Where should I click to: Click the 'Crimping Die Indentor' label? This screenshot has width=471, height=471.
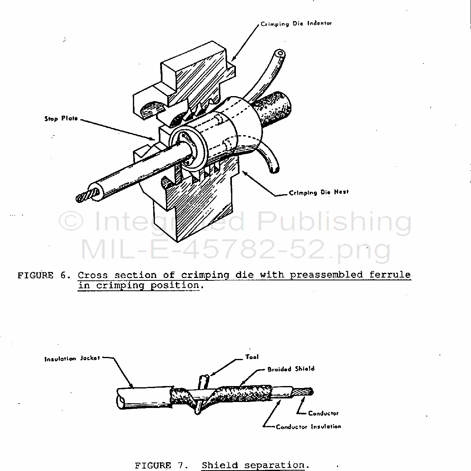coord(296,24)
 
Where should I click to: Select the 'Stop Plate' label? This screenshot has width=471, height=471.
coord(61,118)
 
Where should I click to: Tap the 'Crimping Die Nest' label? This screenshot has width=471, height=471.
coord(319,192)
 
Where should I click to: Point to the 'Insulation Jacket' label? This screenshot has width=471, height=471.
coord(72,359)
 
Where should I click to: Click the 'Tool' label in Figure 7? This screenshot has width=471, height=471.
coord(251,357)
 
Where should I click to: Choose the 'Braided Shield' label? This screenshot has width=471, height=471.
coord(291,369)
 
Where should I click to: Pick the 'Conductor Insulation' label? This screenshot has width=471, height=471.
coord(309,427)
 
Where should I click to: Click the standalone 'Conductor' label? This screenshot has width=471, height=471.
coord(323,413)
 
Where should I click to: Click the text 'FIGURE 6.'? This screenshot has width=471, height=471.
coord(44,275)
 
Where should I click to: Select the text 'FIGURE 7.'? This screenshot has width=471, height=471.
coord(161,465)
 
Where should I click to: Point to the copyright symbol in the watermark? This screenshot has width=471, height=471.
coord(71,221)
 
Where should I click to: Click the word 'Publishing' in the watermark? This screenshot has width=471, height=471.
coord(334,222)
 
